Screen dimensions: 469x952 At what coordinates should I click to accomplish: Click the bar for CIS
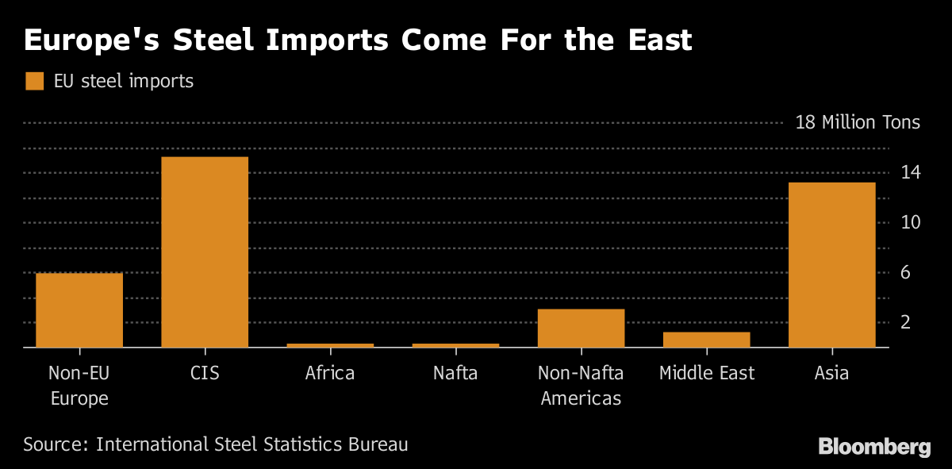coord(205,252)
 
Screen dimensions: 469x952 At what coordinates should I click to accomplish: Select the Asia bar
coord(831,264)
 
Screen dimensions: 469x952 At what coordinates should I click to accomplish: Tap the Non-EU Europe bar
coord(79,309)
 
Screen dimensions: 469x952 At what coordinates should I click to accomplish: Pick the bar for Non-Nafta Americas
coord(581,328)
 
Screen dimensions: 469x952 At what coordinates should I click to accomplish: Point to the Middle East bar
coord(706,339)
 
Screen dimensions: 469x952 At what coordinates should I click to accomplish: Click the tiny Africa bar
coord(330,345)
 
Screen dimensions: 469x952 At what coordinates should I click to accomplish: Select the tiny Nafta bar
coord(455,345)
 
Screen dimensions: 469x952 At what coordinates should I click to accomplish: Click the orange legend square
coord(34,81)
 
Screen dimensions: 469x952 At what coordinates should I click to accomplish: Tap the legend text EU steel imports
coord(123,81)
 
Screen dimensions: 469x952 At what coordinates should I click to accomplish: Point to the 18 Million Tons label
coord(858,122)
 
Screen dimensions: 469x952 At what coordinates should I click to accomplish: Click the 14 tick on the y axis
coord(911,172)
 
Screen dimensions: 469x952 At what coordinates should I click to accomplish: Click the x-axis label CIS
coord(205,373)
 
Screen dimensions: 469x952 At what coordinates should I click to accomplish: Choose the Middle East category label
coord(706,373)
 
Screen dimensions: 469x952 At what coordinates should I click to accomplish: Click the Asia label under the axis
coord(831,373)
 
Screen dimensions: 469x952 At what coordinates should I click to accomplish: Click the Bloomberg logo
coord(874,447)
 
